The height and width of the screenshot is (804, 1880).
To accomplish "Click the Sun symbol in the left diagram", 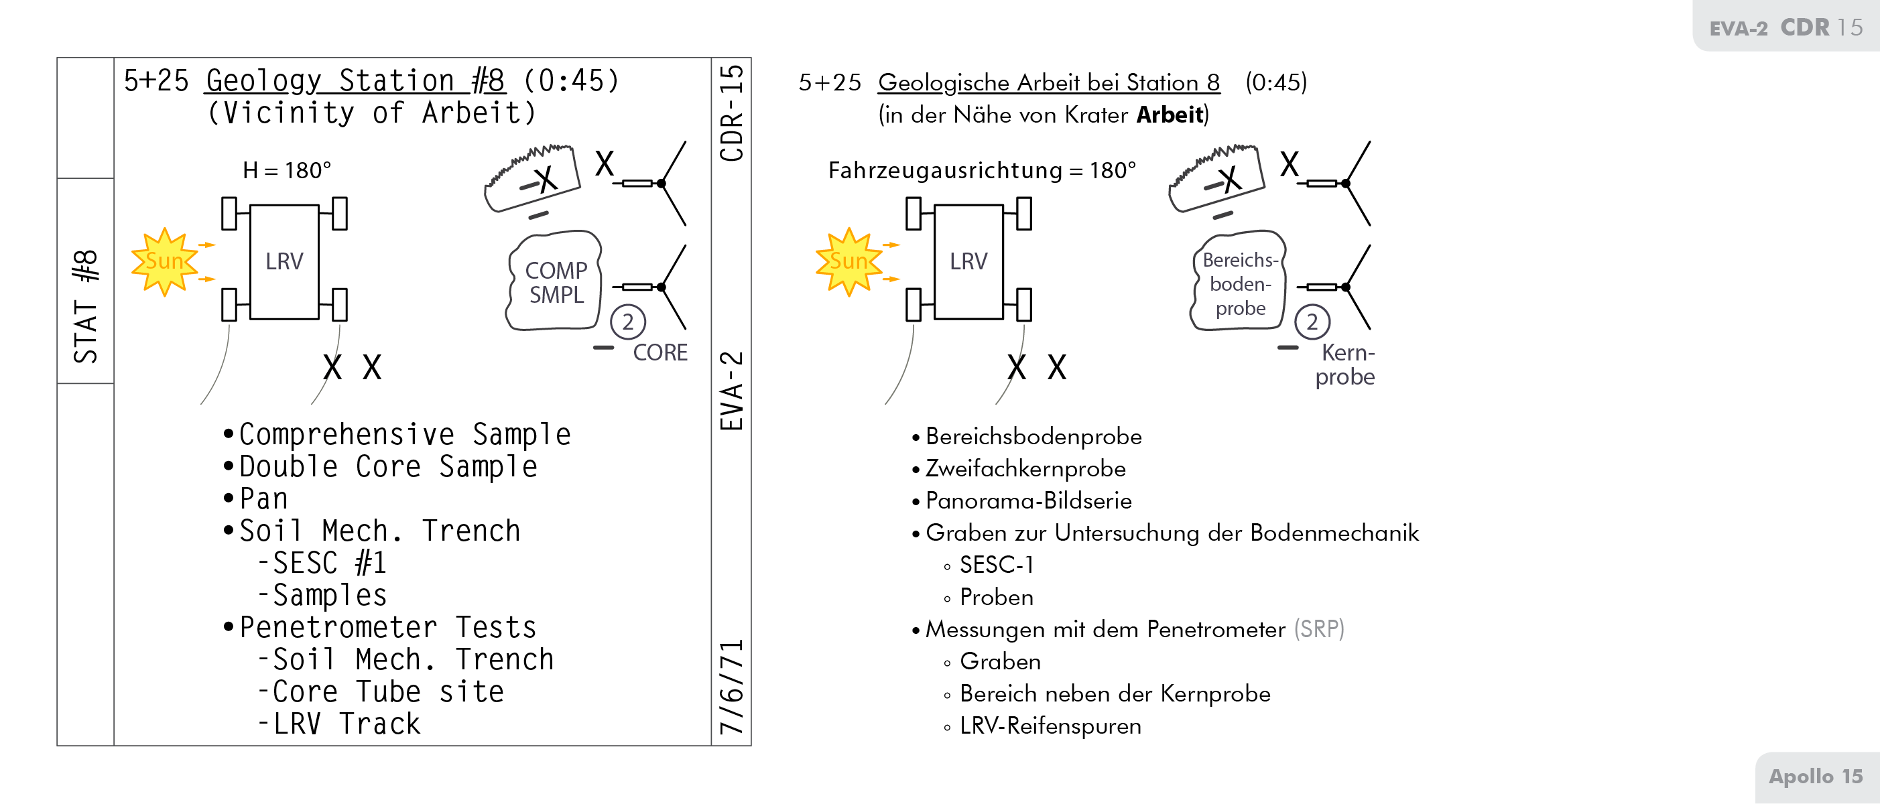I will (x=164, y=261).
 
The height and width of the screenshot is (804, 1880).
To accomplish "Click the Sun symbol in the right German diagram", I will (x=848, y=261).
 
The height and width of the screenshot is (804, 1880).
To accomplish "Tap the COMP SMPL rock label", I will (x=556, y=282).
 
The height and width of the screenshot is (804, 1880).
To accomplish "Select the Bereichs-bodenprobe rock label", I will (x=1240, y=284).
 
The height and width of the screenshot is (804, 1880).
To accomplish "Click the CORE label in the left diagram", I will (x=660, y=352).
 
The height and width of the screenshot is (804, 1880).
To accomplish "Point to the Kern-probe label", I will (x=1346, y=364).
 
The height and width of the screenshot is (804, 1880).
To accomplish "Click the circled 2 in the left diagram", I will (x=627, y=322).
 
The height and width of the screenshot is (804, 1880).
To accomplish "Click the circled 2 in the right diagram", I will (x=1312, y=322).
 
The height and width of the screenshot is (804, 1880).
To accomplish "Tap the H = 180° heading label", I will (x=287, y=170).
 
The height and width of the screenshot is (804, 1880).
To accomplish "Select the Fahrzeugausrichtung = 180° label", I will (x=982, y=170).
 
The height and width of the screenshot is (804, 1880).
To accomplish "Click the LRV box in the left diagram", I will (x=284, y=261).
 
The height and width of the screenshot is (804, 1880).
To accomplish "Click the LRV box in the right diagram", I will (x=968, y=261).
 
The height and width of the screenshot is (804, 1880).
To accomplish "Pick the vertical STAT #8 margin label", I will (x=85, y=306).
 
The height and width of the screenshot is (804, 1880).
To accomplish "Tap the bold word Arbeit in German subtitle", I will (x=1169, y=115).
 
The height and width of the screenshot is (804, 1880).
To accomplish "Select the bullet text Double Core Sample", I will (x=388, y=467).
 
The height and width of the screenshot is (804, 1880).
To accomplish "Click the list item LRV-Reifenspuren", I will (x=1050, y=726).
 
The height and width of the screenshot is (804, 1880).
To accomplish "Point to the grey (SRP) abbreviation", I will (x=1318, y=629).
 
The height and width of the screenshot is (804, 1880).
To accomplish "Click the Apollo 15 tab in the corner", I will (x=1815, y=777).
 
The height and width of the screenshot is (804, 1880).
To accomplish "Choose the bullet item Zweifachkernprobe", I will (x=1025, y=468).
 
